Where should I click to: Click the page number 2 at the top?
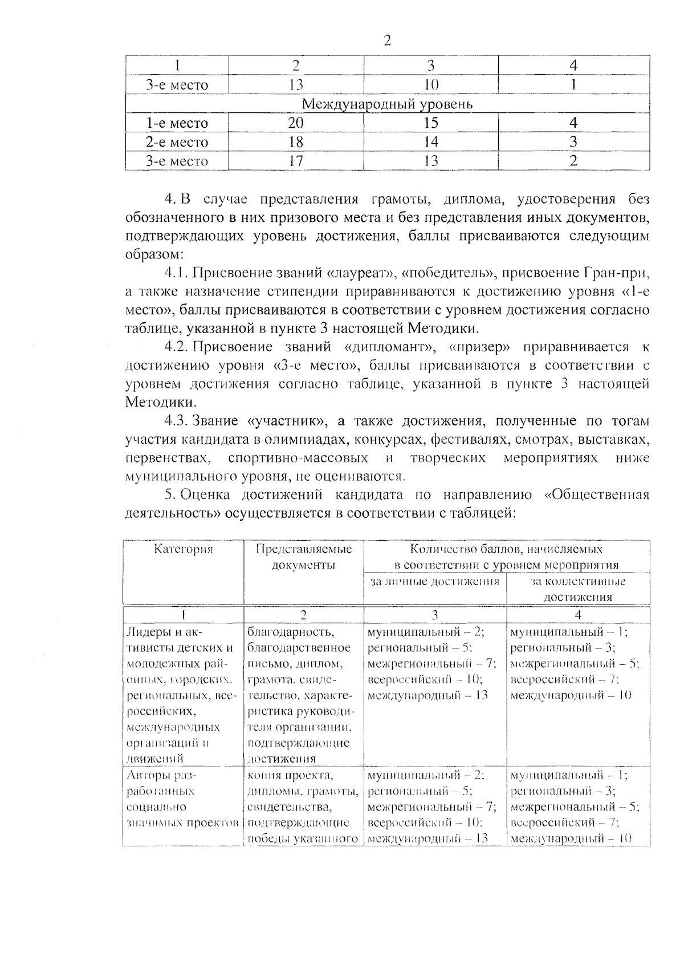coord(387,40)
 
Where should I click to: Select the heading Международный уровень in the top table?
coord(387,104)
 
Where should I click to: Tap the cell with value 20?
coord(296,123)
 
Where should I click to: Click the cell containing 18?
coord(296,142)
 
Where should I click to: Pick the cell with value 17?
coord(296,161)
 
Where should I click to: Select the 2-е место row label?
coord(177,142)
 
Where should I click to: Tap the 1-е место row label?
coord(177,123)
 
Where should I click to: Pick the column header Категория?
coord(184,549)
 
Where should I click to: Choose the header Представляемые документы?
coord(303,557)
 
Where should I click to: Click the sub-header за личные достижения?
coord(434,581)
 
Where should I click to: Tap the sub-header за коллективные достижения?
coord(577,589)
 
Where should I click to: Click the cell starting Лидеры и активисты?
coord(181,695)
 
